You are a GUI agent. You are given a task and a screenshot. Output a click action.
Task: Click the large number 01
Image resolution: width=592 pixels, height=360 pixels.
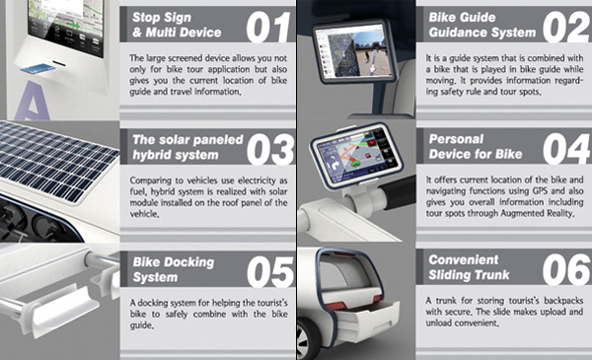click(x=267, y=27)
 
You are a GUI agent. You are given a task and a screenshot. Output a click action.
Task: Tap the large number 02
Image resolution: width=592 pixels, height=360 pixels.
click(x=566, y=27)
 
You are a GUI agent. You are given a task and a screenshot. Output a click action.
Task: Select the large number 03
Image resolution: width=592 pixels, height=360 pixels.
click(x=270, y=150)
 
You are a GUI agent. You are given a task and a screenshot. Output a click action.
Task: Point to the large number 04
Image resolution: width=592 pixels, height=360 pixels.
click(x=566, y=149)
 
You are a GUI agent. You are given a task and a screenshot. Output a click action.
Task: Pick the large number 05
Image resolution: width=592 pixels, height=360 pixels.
click(x=270, y=271)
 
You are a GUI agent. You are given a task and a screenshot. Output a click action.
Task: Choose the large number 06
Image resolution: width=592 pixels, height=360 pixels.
click(x=566, y=269)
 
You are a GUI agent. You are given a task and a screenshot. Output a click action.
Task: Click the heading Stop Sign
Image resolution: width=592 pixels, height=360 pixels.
click(x=162, y=18)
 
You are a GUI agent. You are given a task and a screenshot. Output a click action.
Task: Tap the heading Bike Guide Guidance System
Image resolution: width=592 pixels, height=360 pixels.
click(x=482, y=25)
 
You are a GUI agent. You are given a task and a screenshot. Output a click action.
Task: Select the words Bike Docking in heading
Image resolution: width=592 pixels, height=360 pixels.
click(x=174, y=262)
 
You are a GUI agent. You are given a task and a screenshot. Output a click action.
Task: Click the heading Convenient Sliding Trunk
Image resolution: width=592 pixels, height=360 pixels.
click(x=469, y=267)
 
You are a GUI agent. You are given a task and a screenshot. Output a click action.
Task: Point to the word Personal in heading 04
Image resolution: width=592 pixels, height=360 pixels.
click(x=456, y=139)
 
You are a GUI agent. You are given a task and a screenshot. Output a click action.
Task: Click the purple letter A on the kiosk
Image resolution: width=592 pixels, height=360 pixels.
click(x=34, y=102)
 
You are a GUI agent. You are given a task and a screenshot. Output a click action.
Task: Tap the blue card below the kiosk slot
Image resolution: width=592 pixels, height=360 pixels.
click(x=38, y=69)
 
